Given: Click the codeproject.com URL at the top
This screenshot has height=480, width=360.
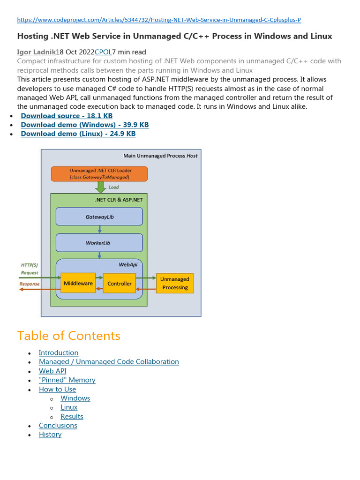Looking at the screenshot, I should click(x=159, y=20).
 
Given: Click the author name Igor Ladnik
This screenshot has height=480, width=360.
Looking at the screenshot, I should click(x=36, y=52).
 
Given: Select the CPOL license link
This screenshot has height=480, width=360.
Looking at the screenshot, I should click(x=103, y=52).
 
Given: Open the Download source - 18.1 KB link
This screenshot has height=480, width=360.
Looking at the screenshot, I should click(x=67, y=116).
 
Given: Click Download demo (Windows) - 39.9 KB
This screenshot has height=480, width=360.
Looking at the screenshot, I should click(x=84, y=125).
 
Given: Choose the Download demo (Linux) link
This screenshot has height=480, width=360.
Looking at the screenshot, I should click(x=78, y=134).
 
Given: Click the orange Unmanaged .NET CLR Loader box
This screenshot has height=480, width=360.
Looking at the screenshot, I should click(x=99, y=174).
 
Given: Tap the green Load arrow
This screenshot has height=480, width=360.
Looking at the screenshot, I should click(x=100, y=187).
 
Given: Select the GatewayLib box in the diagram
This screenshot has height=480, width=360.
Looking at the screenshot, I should click(x=99, y=217).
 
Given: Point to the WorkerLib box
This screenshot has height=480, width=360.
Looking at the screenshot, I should click(x=99, y=243).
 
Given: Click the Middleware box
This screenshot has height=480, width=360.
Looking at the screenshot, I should click(x=78, y=283).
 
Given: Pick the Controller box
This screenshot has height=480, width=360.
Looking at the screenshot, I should click(x=119, y=284).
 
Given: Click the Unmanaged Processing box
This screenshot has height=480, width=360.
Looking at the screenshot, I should click(x=174, y=283).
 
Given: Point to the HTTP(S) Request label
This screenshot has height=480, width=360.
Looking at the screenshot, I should click(x=30, y=269).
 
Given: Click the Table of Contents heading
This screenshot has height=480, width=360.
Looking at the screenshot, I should click(x=69, y=336).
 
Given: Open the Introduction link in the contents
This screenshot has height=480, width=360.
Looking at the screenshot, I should click(x=59, y=353).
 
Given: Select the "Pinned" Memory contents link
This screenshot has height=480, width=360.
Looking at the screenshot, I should click(x=67, y=380).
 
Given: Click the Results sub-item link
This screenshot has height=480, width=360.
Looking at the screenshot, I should click(x=72, y=417).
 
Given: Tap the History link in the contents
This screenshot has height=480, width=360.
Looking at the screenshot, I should click(x=50, y=435).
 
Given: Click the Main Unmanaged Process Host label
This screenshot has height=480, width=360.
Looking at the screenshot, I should click(x=160, y=156).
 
